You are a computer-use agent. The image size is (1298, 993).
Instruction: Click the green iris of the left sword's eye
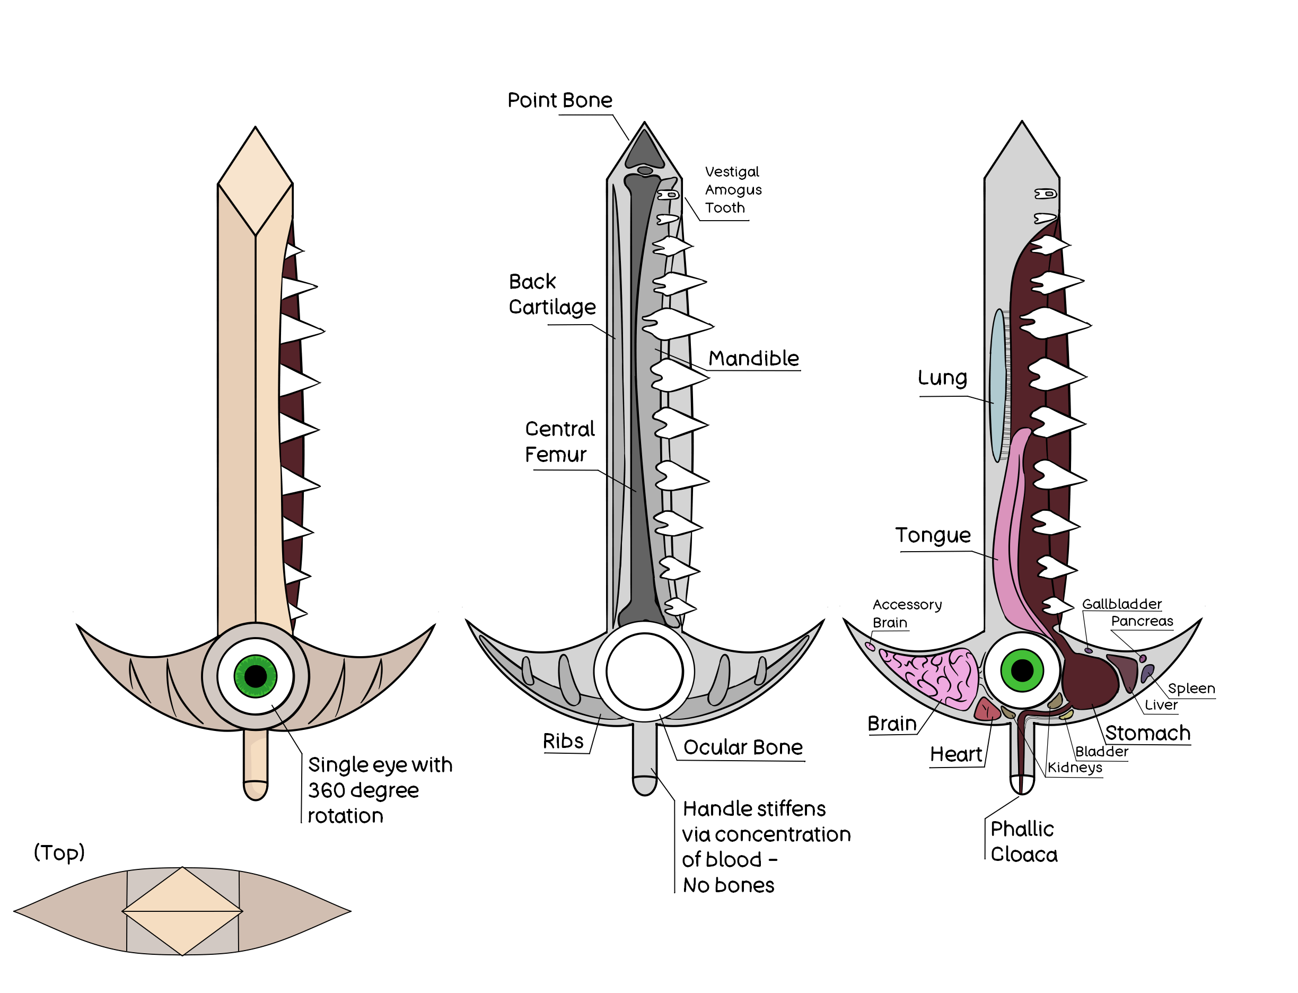tap(255, 676)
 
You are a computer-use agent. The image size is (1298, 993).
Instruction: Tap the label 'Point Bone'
tap(559, 100)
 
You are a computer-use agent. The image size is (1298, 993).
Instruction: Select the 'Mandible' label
tap(753, 358)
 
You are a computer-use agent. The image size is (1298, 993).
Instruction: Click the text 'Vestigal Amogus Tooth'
tap(733, 189)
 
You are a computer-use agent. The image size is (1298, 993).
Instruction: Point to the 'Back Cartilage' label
tap(552, 294)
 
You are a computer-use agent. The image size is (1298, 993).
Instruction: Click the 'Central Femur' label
tap(559, 441)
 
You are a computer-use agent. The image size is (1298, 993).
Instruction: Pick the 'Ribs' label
tap(563, 741)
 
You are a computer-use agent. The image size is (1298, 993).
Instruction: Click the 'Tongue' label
tap(932, 535)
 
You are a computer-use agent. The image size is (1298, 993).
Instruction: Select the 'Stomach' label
tap(1147, 733)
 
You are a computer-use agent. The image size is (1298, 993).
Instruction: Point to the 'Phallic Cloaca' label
tap(1024, 841)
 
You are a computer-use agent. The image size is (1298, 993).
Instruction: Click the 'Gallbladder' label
tap(1121, 604)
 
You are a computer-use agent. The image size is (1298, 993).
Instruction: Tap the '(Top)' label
tap(59, 852)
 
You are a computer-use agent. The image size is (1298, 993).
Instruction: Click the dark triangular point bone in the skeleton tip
tap(644, 149)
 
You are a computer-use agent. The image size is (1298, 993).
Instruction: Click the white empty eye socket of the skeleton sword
tap(644, 672)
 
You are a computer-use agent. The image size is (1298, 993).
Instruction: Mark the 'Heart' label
tap(955, 754)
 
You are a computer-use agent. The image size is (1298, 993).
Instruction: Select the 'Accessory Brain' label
tap(907, 614)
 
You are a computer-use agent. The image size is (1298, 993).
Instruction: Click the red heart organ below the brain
tap(987, 709)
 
